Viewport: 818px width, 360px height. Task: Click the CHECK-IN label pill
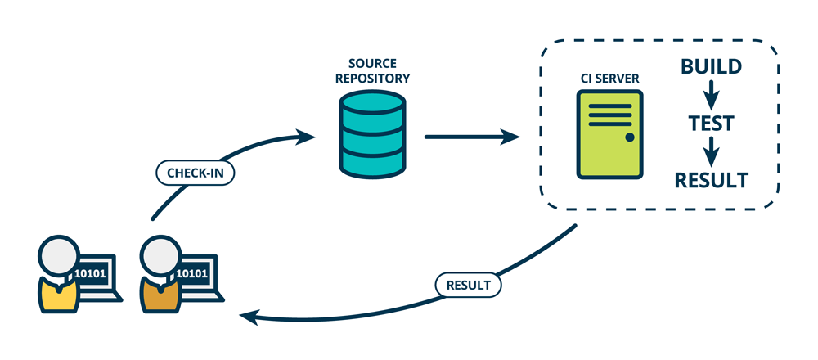tap(195, 173)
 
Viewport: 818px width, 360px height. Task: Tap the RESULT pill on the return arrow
tap(469, 286)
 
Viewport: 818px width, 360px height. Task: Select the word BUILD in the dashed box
tap(712, 67)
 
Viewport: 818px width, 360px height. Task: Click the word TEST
tap(711, 123)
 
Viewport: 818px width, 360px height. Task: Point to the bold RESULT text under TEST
tap(711, 179)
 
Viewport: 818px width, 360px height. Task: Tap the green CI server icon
tap(609, 135)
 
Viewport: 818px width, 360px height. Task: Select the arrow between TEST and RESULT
tap(712, 151)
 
